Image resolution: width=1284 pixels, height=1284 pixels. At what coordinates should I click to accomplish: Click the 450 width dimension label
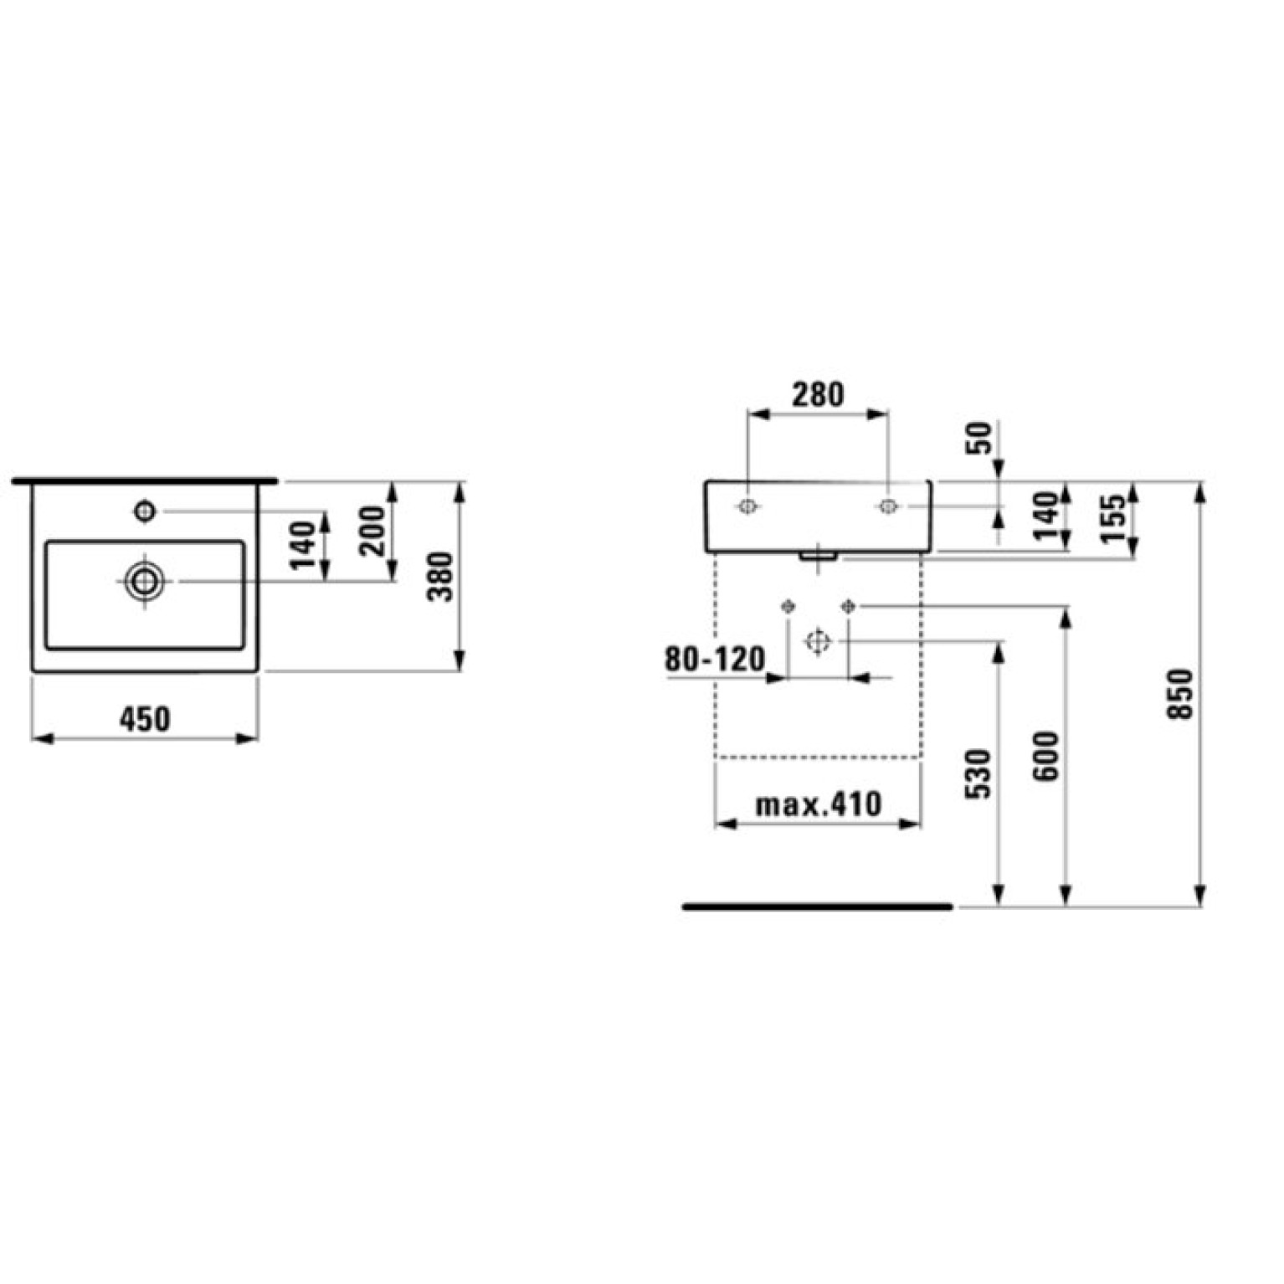click(145, 719)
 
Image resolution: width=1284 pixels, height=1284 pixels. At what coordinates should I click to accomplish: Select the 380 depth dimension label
click(441, 576)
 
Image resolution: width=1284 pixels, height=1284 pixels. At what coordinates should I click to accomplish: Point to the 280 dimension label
click(818, 394)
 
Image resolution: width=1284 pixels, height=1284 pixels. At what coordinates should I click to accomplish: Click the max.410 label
click(818, 804)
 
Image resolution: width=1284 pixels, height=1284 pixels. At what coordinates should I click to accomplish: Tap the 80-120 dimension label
click(715, 660)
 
